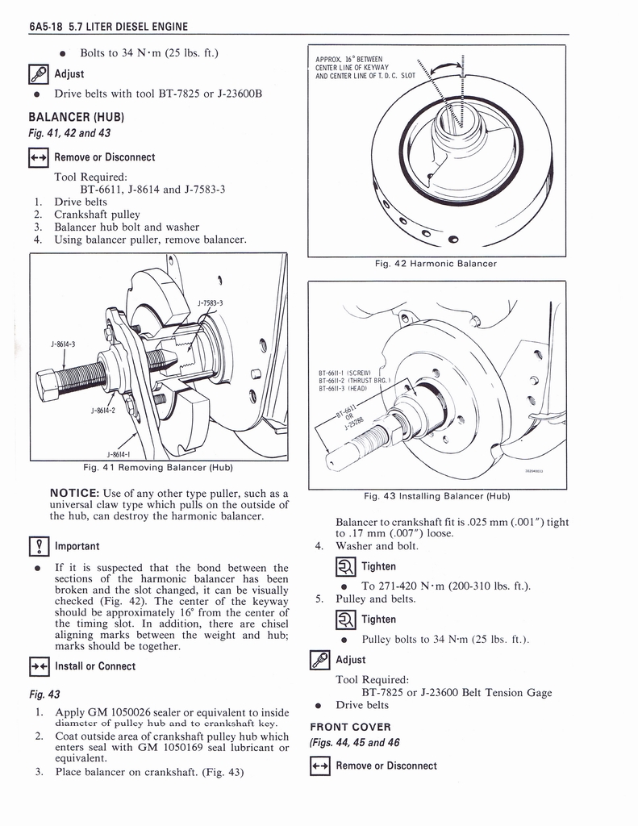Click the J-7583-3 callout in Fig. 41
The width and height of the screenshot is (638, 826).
(210, 303)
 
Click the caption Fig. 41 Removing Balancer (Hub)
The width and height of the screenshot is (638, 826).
(158, 467)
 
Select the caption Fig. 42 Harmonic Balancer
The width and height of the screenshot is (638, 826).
(436, 263)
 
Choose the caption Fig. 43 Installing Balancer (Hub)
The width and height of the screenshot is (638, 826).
(436, 495)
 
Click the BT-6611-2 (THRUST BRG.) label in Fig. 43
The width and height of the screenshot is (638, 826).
(355, 381)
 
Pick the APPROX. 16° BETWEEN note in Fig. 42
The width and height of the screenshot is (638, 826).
(350, 59)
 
